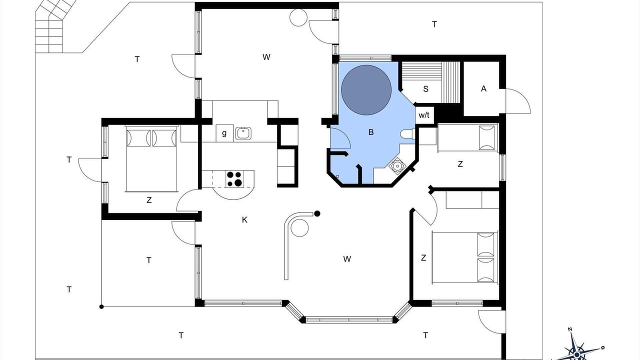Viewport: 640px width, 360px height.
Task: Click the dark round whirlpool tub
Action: [366, 90]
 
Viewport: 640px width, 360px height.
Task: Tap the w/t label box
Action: [424, 115]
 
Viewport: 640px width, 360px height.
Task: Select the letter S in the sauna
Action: [425, 89]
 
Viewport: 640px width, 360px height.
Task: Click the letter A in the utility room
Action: [483, 89]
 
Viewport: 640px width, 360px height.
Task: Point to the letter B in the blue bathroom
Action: [371, 132]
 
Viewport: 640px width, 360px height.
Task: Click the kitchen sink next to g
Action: [243, 133]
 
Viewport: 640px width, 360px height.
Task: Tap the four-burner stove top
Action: [234, 179]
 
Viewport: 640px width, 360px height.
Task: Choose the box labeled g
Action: [224, 133]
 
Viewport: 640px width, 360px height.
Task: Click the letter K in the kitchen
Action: [244, 219]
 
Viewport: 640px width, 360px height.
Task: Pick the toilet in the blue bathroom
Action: [407, 133]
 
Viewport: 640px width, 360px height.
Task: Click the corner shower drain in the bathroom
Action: [397, 165]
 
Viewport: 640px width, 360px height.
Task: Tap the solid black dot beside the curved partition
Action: [317, 213]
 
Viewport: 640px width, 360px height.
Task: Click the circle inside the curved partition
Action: [299, 227]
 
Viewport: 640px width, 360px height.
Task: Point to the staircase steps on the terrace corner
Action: [53, 28]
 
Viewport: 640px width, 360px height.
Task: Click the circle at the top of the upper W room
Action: [298, 17]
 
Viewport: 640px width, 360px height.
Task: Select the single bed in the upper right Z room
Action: [467, 137]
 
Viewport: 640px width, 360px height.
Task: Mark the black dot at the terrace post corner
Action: [101, 306]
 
